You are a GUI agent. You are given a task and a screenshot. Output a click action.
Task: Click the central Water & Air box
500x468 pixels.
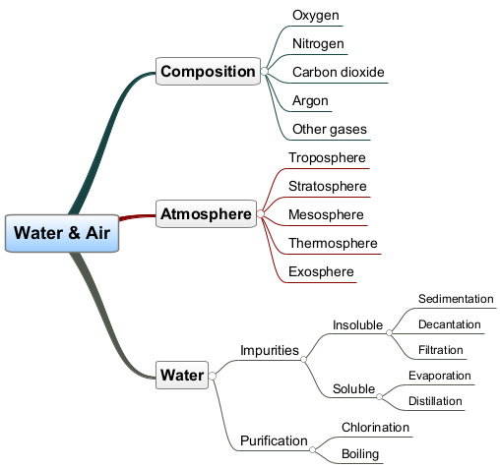[x=62, y=233]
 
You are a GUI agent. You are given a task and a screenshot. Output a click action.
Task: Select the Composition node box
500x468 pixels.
[x=208, y=72]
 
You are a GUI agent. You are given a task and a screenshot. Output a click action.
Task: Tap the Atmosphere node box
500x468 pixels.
[x=206, y=214]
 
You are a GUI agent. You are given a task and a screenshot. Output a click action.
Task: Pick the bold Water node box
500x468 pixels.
[x=182, y=375]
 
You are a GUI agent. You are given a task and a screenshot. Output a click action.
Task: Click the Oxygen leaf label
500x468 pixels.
[x=316, y=16]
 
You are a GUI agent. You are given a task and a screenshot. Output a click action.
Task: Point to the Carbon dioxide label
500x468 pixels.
[x=339, y=72]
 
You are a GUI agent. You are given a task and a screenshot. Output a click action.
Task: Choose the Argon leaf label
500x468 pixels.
[x=310, y=101]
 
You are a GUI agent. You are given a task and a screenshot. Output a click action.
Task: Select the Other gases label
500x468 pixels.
[x=330, y=129]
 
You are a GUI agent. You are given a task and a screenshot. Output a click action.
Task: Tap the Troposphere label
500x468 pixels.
[x=327, y=158]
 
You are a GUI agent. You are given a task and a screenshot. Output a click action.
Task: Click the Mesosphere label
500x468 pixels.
[x=326, y=214]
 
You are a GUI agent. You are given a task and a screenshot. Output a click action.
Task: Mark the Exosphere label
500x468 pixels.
[x=321, y=271]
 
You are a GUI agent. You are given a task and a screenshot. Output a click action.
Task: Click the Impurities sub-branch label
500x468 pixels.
[x=270, y=350]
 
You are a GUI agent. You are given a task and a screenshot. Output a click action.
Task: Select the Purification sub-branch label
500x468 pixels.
[x=274, y=441]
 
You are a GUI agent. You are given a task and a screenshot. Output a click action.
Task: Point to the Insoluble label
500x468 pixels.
[x=357, y=325]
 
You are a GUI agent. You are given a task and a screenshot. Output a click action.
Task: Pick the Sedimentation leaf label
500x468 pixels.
[x=456, y=299]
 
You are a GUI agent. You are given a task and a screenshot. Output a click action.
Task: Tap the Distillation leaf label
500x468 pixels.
[x=435, y=401]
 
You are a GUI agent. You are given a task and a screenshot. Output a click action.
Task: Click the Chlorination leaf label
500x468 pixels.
[x=375, y=428]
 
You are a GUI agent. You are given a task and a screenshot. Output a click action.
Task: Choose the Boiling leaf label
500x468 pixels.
[x=360, y=454]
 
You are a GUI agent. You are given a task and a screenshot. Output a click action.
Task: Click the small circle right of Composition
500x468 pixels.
[x=264, y=71]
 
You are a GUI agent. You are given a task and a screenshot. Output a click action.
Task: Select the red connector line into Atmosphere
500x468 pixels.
[x=137, y=217]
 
